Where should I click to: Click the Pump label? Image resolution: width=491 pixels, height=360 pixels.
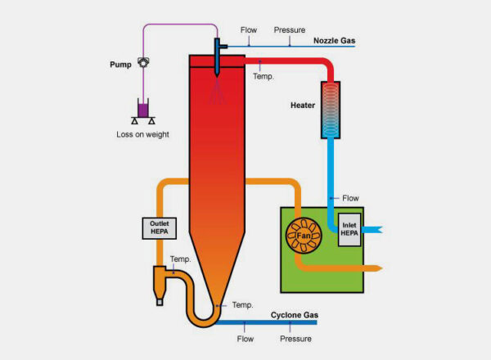120,64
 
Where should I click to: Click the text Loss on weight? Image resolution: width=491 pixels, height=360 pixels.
143,134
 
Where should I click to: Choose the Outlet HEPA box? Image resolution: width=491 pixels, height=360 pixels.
159,227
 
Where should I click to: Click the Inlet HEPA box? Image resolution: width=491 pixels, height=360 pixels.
350,228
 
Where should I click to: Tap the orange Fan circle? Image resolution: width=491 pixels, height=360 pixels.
304,236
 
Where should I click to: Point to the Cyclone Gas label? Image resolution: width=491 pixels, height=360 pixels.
295,315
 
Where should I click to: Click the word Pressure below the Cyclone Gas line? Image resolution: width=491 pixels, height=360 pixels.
295,338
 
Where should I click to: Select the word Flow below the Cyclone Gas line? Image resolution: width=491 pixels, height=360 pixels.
245,338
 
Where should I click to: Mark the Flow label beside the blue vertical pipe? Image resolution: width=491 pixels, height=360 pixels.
351,197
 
